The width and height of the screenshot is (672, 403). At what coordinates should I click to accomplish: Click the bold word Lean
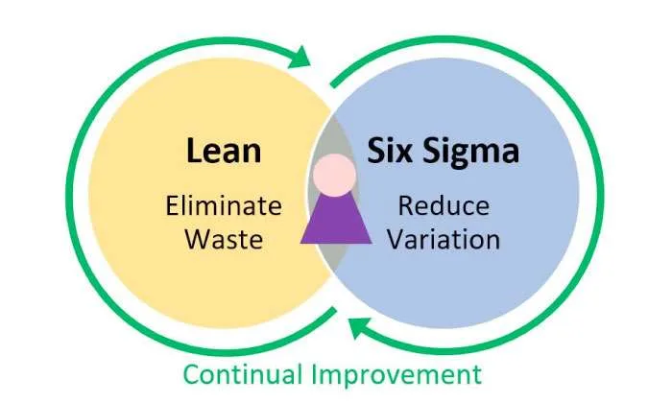tap(224, 151)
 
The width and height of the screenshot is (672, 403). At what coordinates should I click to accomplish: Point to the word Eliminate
tap(224, 205)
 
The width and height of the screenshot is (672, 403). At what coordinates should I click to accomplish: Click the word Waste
tap(224, 239)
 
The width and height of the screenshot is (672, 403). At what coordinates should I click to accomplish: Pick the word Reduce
tap(444, 205)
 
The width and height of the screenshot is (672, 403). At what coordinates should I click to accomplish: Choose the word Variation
tap(444, 239)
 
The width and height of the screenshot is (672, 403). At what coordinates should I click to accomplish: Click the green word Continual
tap(243, 374)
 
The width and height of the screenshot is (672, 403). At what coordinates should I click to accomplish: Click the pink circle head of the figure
tap(334, 176)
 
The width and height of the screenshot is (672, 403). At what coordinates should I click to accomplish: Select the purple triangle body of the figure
tap(336, 219)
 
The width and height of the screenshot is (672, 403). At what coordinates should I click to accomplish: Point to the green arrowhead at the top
tap(300, 57)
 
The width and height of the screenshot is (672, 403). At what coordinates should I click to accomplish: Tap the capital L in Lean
tap(194, 151)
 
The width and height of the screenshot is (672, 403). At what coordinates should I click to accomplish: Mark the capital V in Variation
tap(397, 239)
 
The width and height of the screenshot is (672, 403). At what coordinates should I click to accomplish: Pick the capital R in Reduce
tap(407, 205)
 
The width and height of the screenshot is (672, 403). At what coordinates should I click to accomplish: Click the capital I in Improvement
tap(315, 374)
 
